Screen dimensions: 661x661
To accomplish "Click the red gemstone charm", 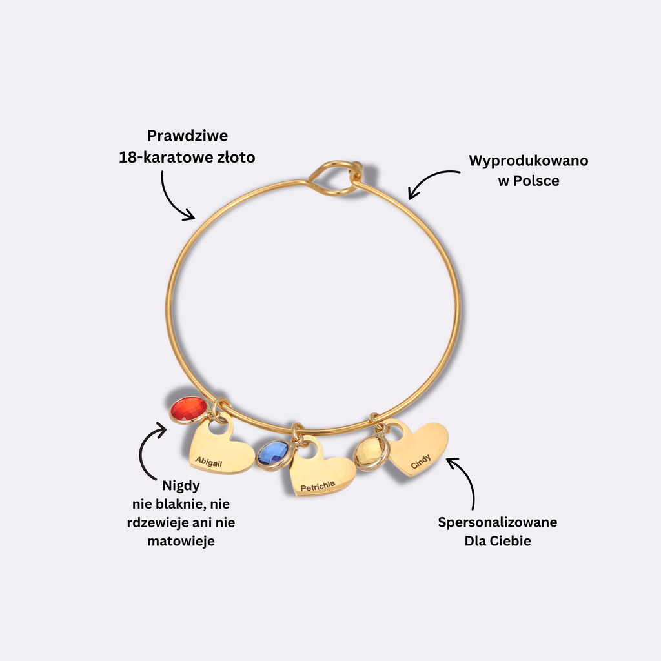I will (188, 410).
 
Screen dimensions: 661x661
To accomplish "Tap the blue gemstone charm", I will (272, 454).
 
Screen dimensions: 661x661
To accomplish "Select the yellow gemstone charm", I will (371, 454).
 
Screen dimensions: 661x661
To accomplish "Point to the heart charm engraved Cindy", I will (418, 448).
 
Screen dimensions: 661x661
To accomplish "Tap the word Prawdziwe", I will (187, 136).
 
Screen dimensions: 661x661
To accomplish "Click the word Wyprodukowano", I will (528, 160).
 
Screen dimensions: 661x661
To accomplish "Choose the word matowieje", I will (181, 541).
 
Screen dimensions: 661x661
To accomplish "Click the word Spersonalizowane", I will (497, 522).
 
